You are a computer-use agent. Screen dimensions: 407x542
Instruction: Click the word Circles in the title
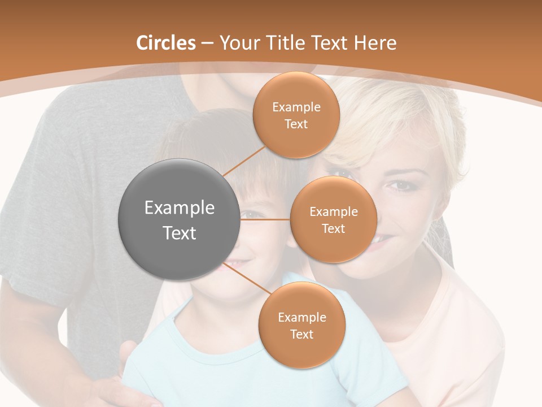point(165,43)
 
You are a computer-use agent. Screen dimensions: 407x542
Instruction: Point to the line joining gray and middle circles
point(265,219)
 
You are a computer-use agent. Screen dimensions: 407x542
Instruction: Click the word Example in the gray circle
point(180,208)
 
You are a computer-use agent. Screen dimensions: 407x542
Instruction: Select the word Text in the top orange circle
point(296,124)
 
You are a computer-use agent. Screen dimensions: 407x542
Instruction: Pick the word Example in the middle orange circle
point(334,212)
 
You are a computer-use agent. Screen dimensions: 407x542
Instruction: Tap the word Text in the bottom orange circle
point(301,335)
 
